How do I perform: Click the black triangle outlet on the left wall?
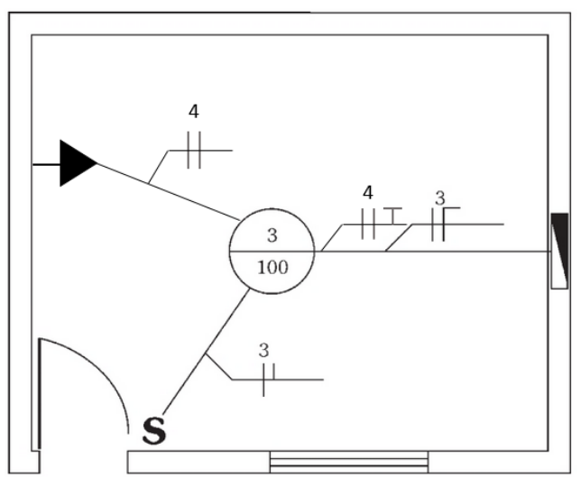[x=76, y=163]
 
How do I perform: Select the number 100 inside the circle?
[x=272, y=267]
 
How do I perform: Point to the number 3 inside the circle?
[x=272, y=236]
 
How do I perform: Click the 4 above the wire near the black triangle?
[x=194, y=112]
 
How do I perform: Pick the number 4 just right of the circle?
[x=367, y=192]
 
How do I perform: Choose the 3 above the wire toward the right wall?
[x=439, y=197]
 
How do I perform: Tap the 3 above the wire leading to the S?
[x=263, y=350]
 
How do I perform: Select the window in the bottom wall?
[x=349, y=462]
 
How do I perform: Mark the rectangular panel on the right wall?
[x=559, y=251]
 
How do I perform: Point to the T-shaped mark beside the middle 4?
[x=392, y=216]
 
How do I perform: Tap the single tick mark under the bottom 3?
[x=263, y=380]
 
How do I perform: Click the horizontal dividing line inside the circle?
[x=272, y=252]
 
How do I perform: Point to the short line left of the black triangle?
[x=46, y=164]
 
